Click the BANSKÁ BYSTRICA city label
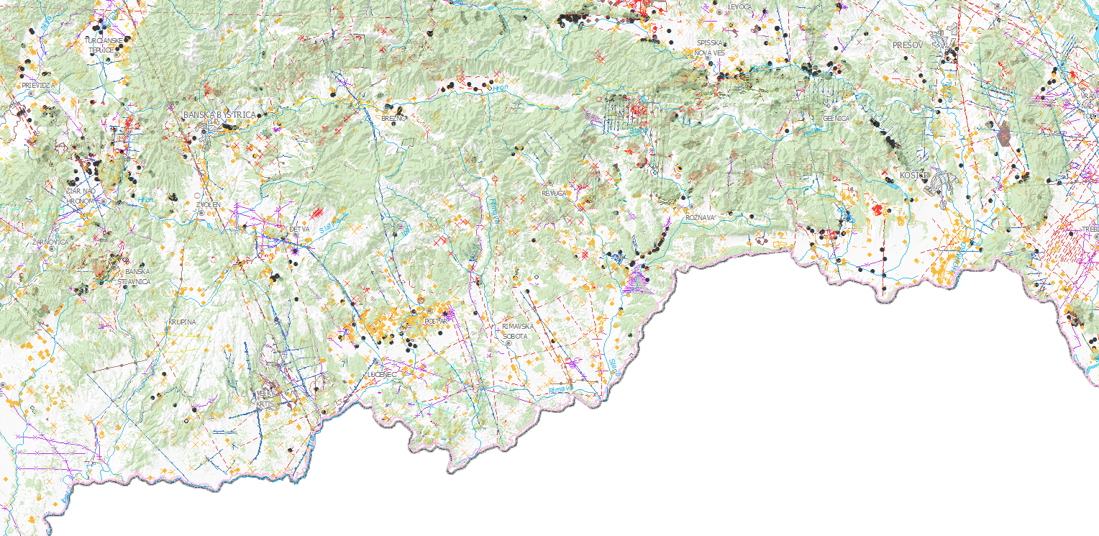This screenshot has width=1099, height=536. [x=219, y=115]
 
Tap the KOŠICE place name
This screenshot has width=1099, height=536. [x=914, y=176]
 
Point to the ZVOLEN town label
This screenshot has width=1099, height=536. [x=208, y=205]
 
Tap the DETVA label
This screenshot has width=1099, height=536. [x=298, y=230]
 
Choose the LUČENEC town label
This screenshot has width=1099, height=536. [x=382, y=375]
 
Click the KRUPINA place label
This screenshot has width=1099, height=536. [x=182, y=322]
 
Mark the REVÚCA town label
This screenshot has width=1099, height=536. [x=555, y=194]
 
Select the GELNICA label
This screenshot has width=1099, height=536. [x=836, y=118]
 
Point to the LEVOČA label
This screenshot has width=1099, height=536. [x=739, y=6]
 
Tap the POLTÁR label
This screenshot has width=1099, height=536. [x=436, y=321]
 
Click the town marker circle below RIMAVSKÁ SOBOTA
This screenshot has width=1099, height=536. [x=509, y=344]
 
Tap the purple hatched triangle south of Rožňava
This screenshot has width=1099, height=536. [x=636, y=279]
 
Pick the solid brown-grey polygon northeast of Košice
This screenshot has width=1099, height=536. [x=1005, y=135]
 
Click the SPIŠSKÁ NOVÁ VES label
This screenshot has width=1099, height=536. [x=710, y=47]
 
